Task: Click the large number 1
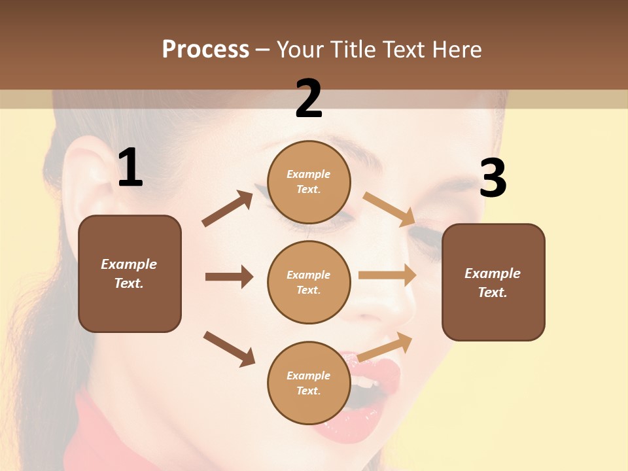click(x=130, y=168)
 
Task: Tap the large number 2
click(x=309, y=99)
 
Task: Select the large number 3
click(x=493, y=179)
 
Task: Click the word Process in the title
click(x=205, y=49)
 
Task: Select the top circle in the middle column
click(x=309, y=181)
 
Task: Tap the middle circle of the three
click(x=309, y=282)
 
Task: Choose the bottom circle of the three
click(x=309, y=383)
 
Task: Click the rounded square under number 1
click(x=130, y=273)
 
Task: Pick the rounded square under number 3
click(x=493, y=282)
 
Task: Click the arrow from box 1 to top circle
click(x=228, y=209)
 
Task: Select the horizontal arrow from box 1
click(x=229, y=277)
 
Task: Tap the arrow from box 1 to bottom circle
click(x=230, y=349)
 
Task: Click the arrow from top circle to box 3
click(x=389, y=209)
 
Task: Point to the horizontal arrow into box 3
click(x=387, y=275)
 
